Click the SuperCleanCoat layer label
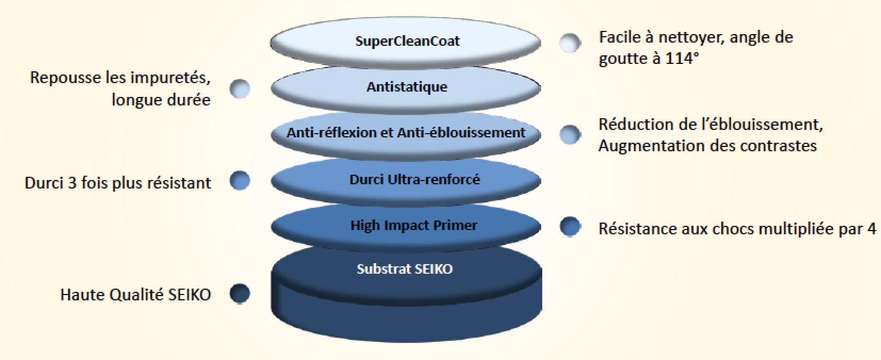[407, 41]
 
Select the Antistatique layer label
[406, 87]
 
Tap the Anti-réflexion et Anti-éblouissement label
[405, 133]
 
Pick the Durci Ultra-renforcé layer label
[414, 179]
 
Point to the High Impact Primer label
[414, 226]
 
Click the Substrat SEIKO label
[405, 269]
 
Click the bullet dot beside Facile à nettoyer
[570, 43]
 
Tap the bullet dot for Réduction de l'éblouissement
[570, 134]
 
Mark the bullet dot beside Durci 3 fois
[240, 181]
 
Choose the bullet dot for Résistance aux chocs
[570, 227]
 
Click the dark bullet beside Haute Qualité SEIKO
[240, 294]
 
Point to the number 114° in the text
[682, 59]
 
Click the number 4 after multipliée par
[871, 229]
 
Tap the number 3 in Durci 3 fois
[72, 183]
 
